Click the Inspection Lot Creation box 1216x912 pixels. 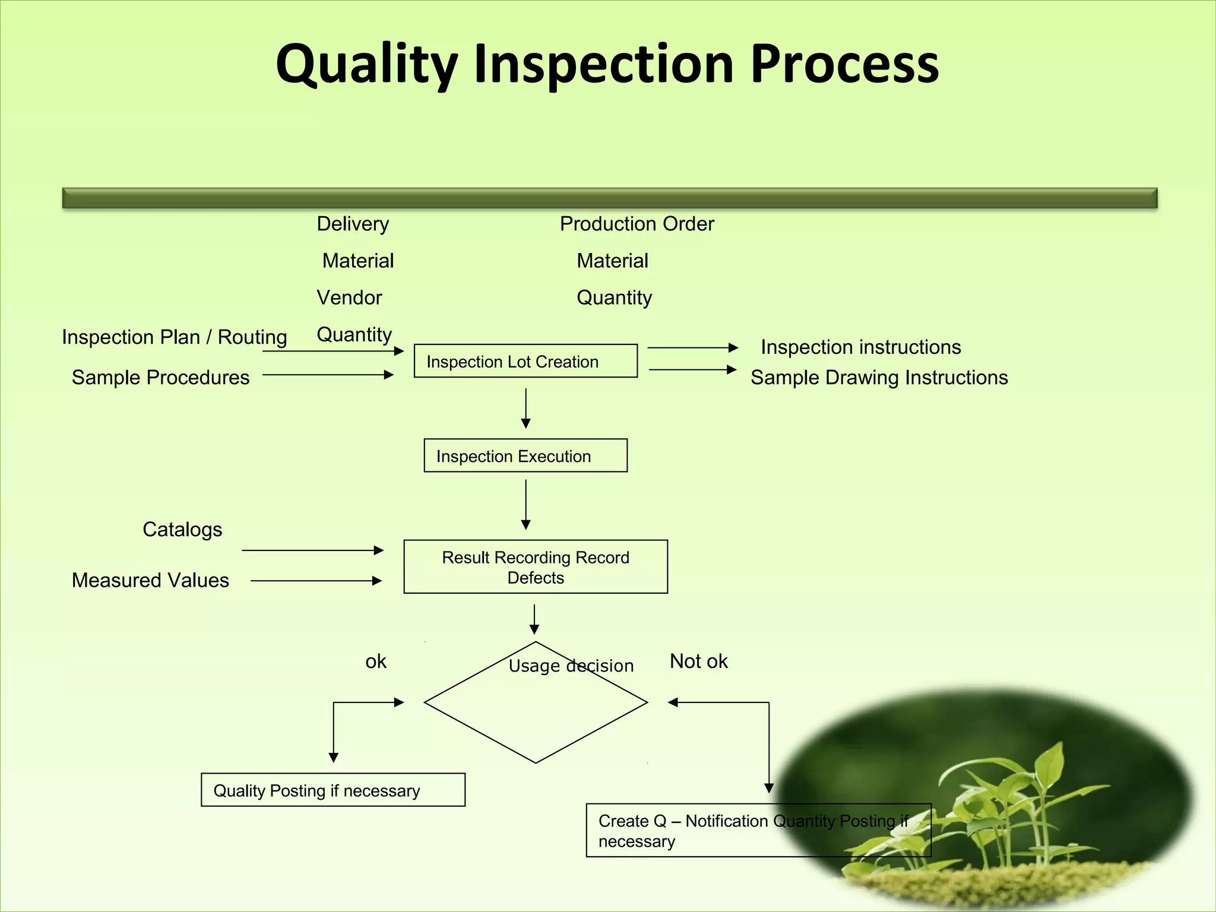pyautogui.click(x=525, y=361)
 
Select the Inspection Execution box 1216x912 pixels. pyautogui.click(x=525, y=455)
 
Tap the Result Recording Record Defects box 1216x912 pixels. pyautogui.click(x=536, y=566)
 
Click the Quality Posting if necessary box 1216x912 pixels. pyautogui.click(x=332, y=790)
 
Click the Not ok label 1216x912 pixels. pyautogui.click(x=698, y=661)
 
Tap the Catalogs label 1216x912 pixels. pyautogui.click(x=182, y=530)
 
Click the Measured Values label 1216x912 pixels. pyautogui.click(x=150, y=580)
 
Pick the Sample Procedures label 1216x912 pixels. pyautogui.click(x=160, y=378)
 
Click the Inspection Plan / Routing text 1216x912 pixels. pyautogui.click(x=174, y=337)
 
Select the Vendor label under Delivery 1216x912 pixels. pyautogui.click(x=349, y=297)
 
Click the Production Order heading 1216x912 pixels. pyautogui.click(x=636, y=224)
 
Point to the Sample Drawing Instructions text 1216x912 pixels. pyautogui.click(x=879, y=378)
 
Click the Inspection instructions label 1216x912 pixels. pyautogui.click(x=860, y=347)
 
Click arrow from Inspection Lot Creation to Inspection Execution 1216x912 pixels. pyautogui.click(x=525, y=408)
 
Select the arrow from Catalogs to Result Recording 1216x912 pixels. pyautogui.click(x=312, y=550)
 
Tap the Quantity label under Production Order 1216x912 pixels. pyautogui.click(x=614, y=297)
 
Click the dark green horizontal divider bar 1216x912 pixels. pyautogui.click(x=609, y=198)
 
